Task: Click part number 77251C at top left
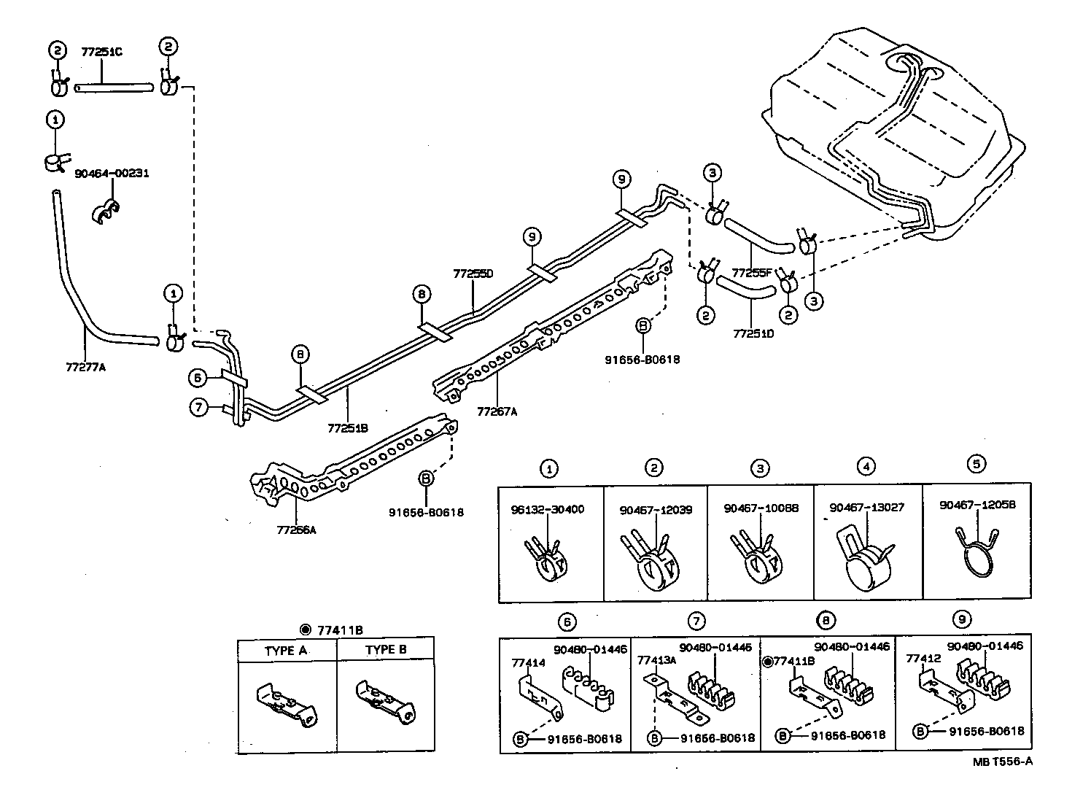[101, 53]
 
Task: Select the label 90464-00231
[112, 174]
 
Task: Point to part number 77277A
[85, 366]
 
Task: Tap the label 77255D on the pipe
[473, 274]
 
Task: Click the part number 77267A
[497, 411]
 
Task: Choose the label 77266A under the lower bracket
[296, 530]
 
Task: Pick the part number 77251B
[347, 428]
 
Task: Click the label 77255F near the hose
[752, 273]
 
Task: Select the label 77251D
[753, 333]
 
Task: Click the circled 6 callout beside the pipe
[197, 378]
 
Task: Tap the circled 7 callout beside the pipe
[199, 407]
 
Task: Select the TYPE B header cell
[386, 649]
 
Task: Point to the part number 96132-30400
[547, 509]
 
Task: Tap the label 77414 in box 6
[529, 663]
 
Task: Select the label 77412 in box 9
[920, 658]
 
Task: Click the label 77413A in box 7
[656, 660]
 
